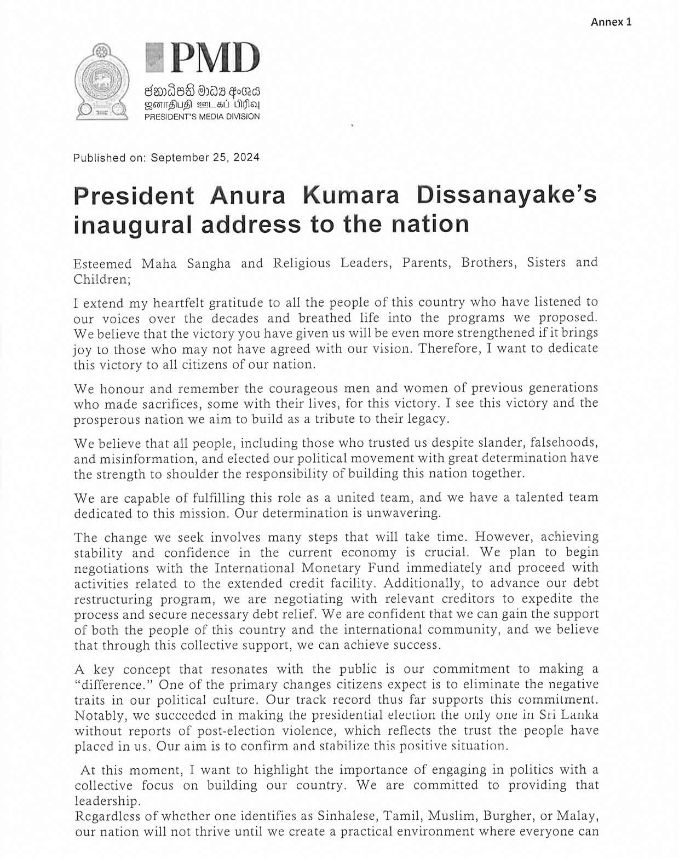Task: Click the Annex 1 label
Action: (611, 22)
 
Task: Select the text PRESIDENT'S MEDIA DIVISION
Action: (202, 117)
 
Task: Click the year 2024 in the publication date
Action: (246, 158)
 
